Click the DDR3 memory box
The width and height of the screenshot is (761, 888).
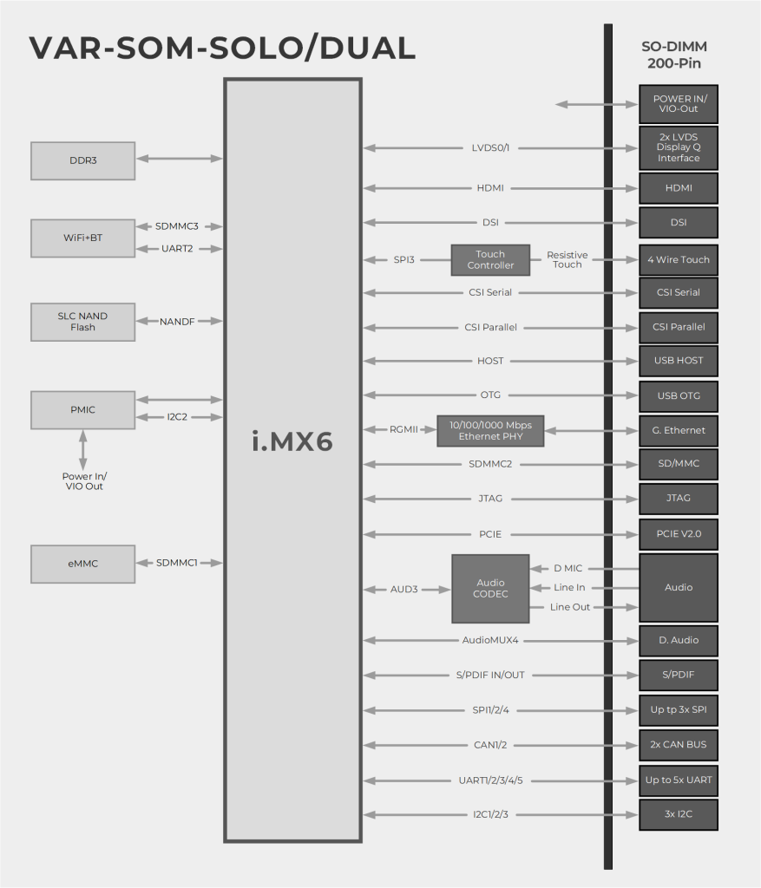pos(82,160)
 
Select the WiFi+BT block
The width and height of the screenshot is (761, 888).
pos(82,238)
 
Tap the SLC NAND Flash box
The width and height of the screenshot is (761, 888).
pos(82,322)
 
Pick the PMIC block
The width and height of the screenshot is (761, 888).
pos(82,409)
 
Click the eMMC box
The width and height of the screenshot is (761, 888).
pos(82,564)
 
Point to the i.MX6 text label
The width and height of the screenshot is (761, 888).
pos(292,441)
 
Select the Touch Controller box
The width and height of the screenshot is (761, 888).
pos(490,260)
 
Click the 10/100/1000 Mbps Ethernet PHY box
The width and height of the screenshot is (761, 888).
pos(490,430)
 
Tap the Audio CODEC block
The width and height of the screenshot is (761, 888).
pos(490,588)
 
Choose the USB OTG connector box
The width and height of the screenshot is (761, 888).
pos(678,396)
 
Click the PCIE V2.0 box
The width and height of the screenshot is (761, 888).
pos(678,534)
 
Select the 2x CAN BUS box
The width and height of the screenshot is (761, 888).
pos(678,745)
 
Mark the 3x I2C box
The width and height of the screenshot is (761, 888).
pos(678,814)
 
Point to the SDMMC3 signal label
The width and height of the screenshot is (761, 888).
pos(177,226)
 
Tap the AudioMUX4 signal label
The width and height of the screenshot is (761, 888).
pos(489,641)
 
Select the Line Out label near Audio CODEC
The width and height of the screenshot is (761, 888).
pos(570,607)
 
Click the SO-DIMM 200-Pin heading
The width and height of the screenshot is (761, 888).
pos(673,55)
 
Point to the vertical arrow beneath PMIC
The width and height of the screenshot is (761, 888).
pos(83,449)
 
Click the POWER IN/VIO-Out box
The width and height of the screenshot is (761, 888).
pos(678,104)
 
